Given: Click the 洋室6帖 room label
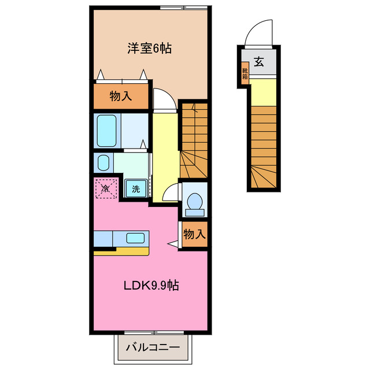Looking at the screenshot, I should (150, 49).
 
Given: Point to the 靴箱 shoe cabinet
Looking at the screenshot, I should (245, 74).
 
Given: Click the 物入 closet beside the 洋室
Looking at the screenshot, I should (121, 97).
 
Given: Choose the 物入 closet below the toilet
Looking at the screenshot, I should (193, 234).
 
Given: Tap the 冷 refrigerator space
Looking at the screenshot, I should (106, 188).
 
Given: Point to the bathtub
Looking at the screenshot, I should (108, 131).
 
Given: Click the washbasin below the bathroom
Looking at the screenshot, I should (103, 162).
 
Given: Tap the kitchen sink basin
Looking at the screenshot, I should (136, 238).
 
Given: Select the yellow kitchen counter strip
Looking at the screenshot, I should (121, 251).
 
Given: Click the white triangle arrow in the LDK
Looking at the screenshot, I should (173, 245).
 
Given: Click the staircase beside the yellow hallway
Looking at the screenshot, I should (193, 142).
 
